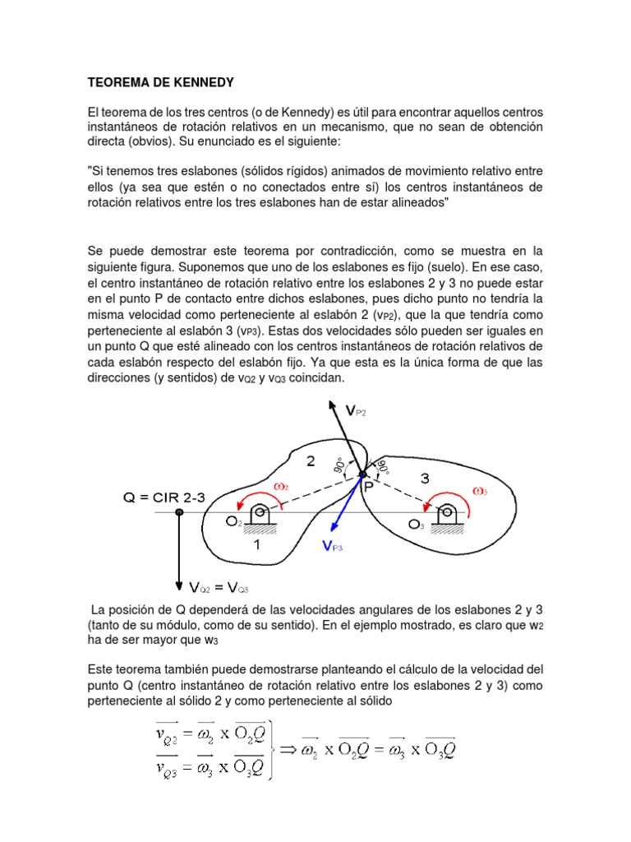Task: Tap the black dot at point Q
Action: tap(179, 511)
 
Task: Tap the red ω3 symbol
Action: tap(481, 491)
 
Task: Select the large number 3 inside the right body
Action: tap(425, 475)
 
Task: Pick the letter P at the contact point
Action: tap(368, 488)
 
